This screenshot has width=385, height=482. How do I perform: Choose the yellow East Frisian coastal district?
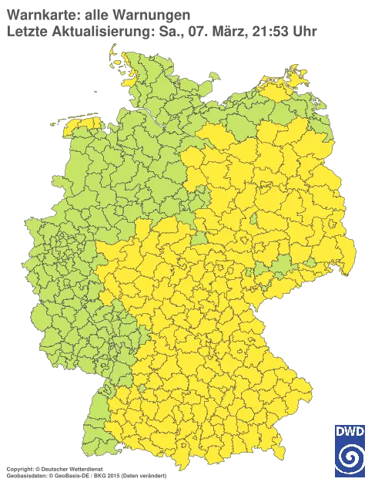click(x=83, y=123)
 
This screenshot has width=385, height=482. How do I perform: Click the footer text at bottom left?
click(x=85, y=469)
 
